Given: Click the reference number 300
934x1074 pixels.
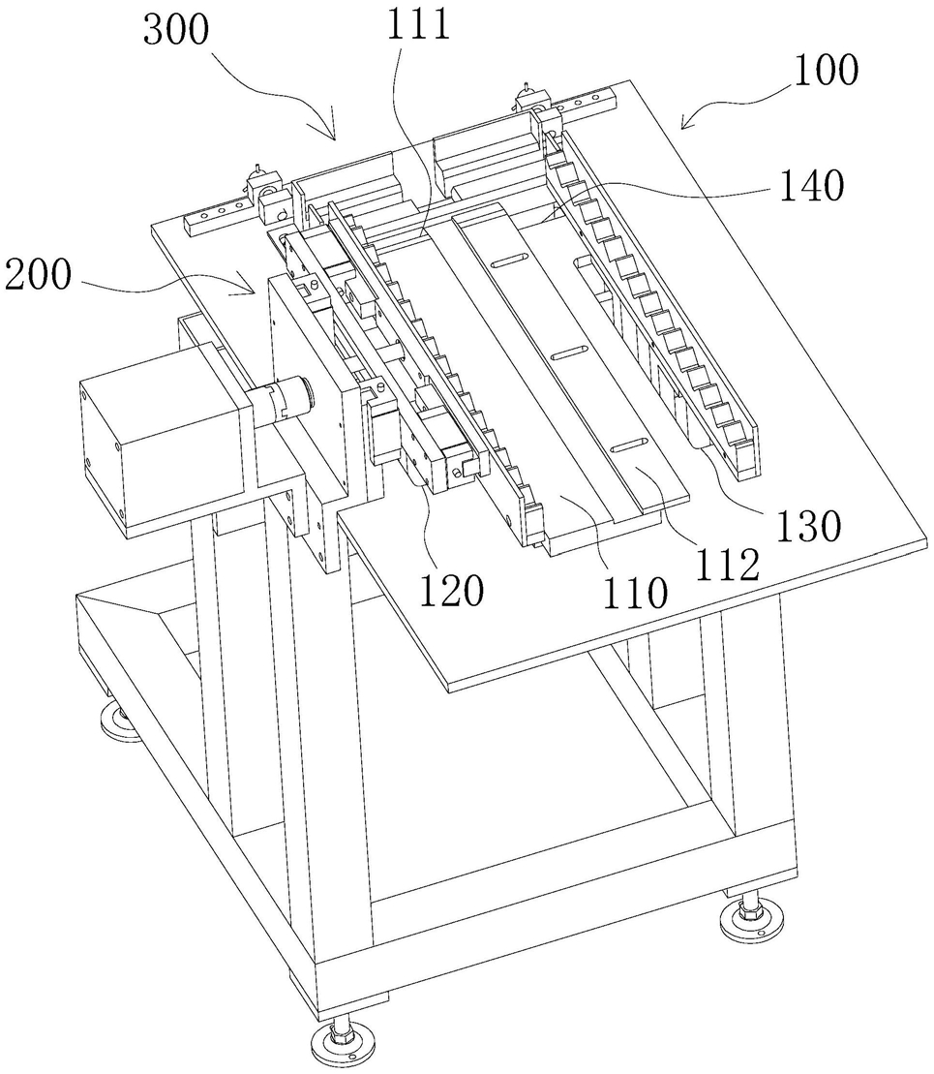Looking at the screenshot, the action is tap(176, 31).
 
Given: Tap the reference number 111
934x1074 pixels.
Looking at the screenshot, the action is tap(418, 25).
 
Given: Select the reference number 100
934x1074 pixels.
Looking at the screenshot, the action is tap(826, 70).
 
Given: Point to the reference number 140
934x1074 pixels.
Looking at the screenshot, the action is tap(812, 185).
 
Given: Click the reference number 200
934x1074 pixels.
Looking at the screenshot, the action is tap(38, 275).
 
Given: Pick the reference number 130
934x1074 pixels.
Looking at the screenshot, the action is tap(809, 526).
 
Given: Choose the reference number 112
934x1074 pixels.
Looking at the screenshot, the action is tap(727, 565).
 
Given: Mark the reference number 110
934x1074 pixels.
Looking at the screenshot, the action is tap(634, 593).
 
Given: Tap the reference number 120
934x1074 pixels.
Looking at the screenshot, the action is tap(452, 590).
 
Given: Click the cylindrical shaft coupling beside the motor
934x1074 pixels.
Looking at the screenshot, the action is tap(283, 396).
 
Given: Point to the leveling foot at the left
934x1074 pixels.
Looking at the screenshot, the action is tap(121, 722).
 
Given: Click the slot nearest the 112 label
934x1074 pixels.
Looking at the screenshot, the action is tap(629, 445).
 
